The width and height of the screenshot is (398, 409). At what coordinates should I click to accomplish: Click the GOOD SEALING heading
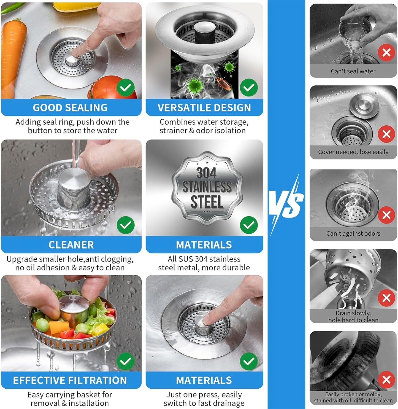coord(70,107)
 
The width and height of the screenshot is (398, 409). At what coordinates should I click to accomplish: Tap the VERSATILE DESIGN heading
coord(204,107)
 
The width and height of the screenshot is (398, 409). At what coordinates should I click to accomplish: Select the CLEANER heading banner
coord(71,245)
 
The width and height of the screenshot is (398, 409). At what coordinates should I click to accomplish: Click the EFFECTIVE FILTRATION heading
coord(70,380)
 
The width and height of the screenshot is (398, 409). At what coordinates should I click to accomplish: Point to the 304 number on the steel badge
coord(206,173)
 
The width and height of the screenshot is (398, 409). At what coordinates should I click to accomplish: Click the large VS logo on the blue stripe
coord(286,203)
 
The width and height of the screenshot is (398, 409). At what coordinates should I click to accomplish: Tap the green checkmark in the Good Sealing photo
coord(126,87)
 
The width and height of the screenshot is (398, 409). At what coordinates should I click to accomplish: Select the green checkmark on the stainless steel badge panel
coord(249,225)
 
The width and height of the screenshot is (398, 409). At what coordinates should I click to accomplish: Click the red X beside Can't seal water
coord(386,52)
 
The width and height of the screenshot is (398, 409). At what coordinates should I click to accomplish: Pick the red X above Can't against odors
coord(386,215)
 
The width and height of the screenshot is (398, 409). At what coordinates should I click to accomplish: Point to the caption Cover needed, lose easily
coord(353,152)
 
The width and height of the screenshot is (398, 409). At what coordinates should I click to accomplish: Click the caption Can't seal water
coord(353,71)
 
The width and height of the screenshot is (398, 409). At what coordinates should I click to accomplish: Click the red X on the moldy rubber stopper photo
coord(386,380)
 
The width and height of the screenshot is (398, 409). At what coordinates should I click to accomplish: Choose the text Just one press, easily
coord(204,395)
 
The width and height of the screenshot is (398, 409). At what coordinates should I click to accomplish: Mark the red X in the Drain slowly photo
coord(386,298)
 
